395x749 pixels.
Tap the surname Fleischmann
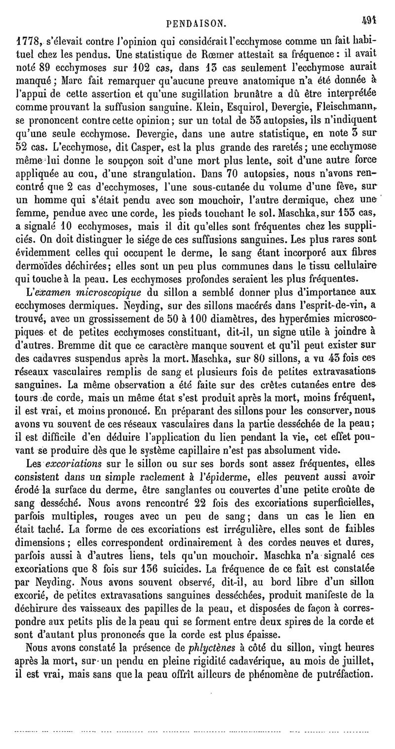point(338,105)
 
